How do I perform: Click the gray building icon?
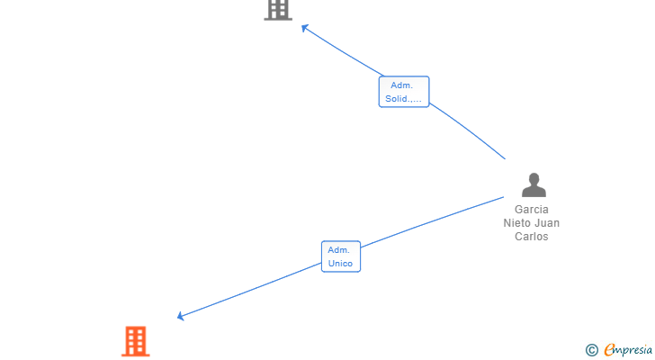(278, 9)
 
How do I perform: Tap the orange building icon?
(136, 341)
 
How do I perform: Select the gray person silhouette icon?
(534, 185)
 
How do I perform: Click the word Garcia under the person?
(531, 210)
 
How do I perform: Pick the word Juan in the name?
(546, 223)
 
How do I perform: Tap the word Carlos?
(531, 237)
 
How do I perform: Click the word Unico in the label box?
(340, 264)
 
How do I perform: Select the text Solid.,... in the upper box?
(403, 99)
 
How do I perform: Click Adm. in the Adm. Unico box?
(338, 250)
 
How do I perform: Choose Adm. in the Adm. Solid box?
(401, 85)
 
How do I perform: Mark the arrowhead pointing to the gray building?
(304, 27)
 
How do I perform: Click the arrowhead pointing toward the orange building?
(181, 316)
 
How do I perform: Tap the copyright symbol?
(591, 350)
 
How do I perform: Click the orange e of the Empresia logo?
(609, 350)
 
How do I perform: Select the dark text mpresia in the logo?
(634, 350)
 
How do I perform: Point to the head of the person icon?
(534, 178)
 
